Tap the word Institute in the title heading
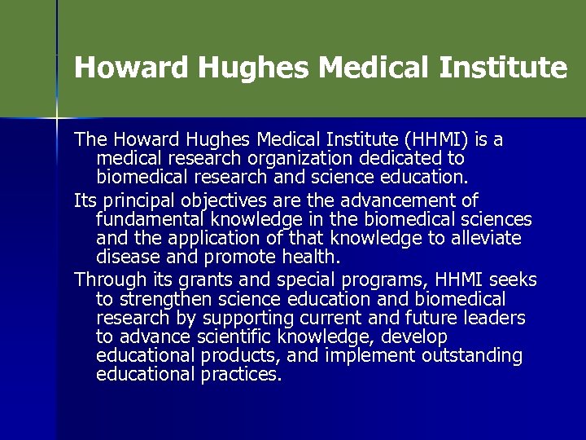click(502, 68)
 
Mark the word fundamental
click(151, 219)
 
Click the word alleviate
click(487, 239)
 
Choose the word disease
click(126, 257)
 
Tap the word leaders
click(493, 318)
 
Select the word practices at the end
click(243, 375)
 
